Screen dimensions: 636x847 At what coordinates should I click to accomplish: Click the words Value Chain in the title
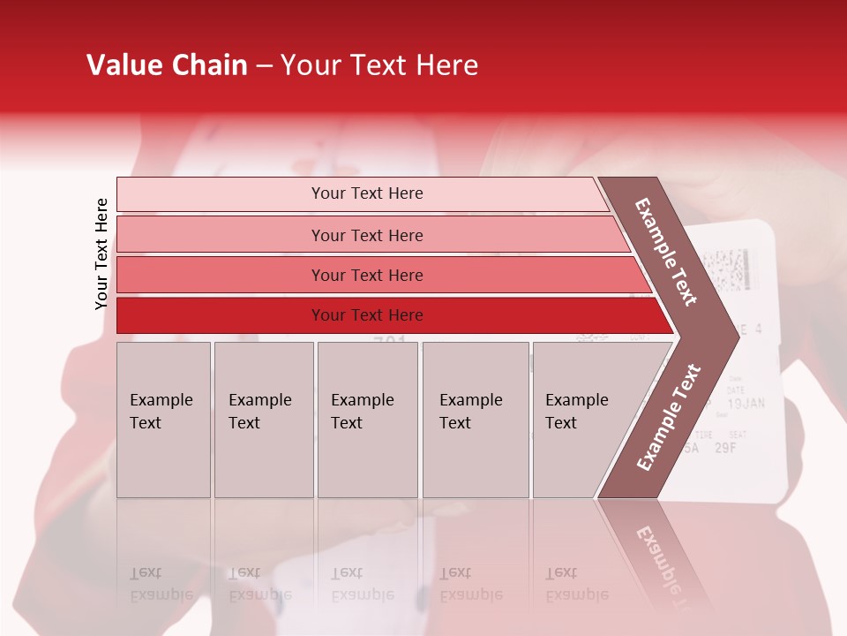pos(167,65)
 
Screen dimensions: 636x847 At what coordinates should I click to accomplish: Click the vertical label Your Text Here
pos(101,254)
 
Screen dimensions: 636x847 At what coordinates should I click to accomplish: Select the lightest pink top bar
pos(366,193)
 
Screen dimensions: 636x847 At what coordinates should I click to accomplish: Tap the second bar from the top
pos(366,235)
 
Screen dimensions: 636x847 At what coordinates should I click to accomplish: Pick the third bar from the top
pos(366,275)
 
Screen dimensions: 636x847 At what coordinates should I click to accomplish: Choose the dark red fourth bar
pos(366,315)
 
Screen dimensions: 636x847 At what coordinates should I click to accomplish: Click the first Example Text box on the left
pos(163,420)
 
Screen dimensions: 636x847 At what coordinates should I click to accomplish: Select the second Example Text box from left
pos(263,420)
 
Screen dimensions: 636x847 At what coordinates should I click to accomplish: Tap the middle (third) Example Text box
pos(367,420)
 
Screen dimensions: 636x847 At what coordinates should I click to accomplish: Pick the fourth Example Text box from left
pos(476,420)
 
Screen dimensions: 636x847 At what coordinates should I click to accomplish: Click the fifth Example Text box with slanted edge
pos(582,420)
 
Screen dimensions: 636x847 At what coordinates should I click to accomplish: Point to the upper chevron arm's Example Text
pos(666,252)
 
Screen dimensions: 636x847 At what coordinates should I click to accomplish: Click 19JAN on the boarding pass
pos(746,405)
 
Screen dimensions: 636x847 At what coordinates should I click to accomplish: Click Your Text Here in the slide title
pos(379,65)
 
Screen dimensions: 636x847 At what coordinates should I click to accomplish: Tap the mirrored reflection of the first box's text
pos(161,584)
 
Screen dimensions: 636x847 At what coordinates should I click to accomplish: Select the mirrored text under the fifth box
pos(577,584)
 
